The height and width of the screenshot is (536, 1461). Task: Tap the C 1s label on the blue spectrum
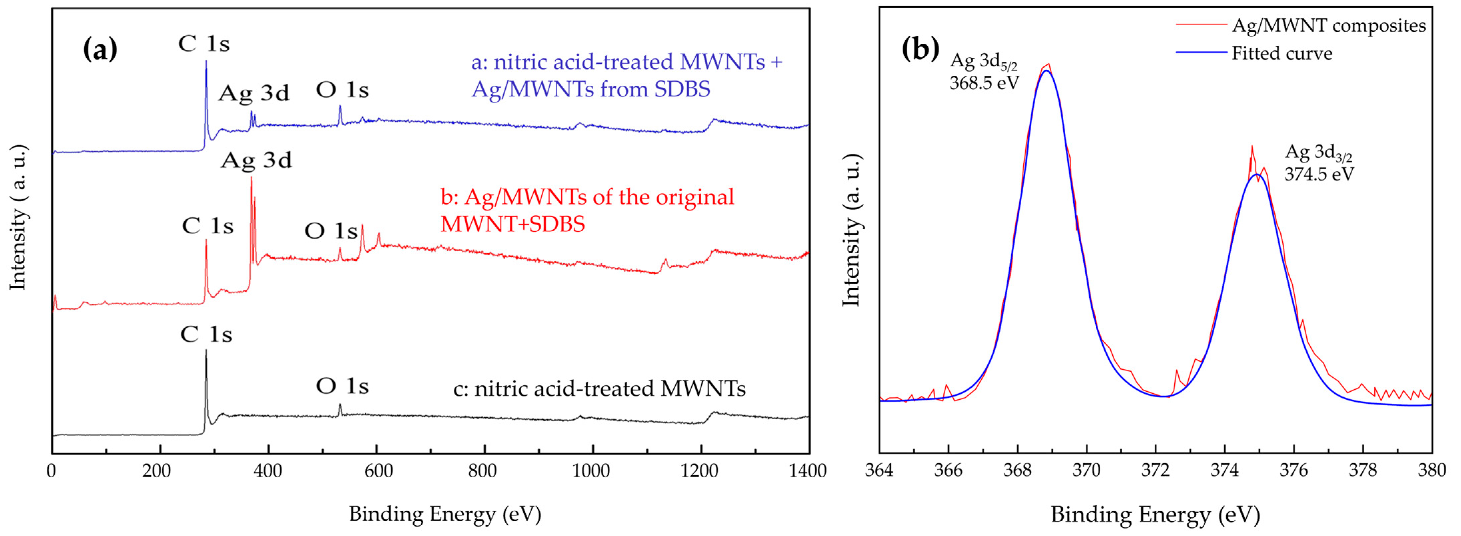point(204,44)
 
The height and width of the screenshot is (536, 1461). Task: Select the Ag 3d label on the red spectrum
point(256,161)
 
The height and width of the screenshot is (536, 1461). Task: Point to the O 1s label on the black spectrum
point(342,386)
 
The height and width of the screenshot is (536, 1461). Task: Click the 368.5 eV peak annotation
point(984,83)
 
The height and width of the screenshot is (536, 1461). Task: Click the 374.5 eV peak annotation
point(1319,174)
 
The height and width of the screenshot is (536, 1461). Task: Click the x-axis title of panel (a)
point(445,514)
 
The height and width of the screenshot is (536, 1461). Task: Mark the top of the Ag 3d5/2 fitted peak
point(1047,71)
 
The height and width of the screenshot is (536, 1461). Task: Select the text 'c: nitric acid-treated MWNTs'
point(599,389)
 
